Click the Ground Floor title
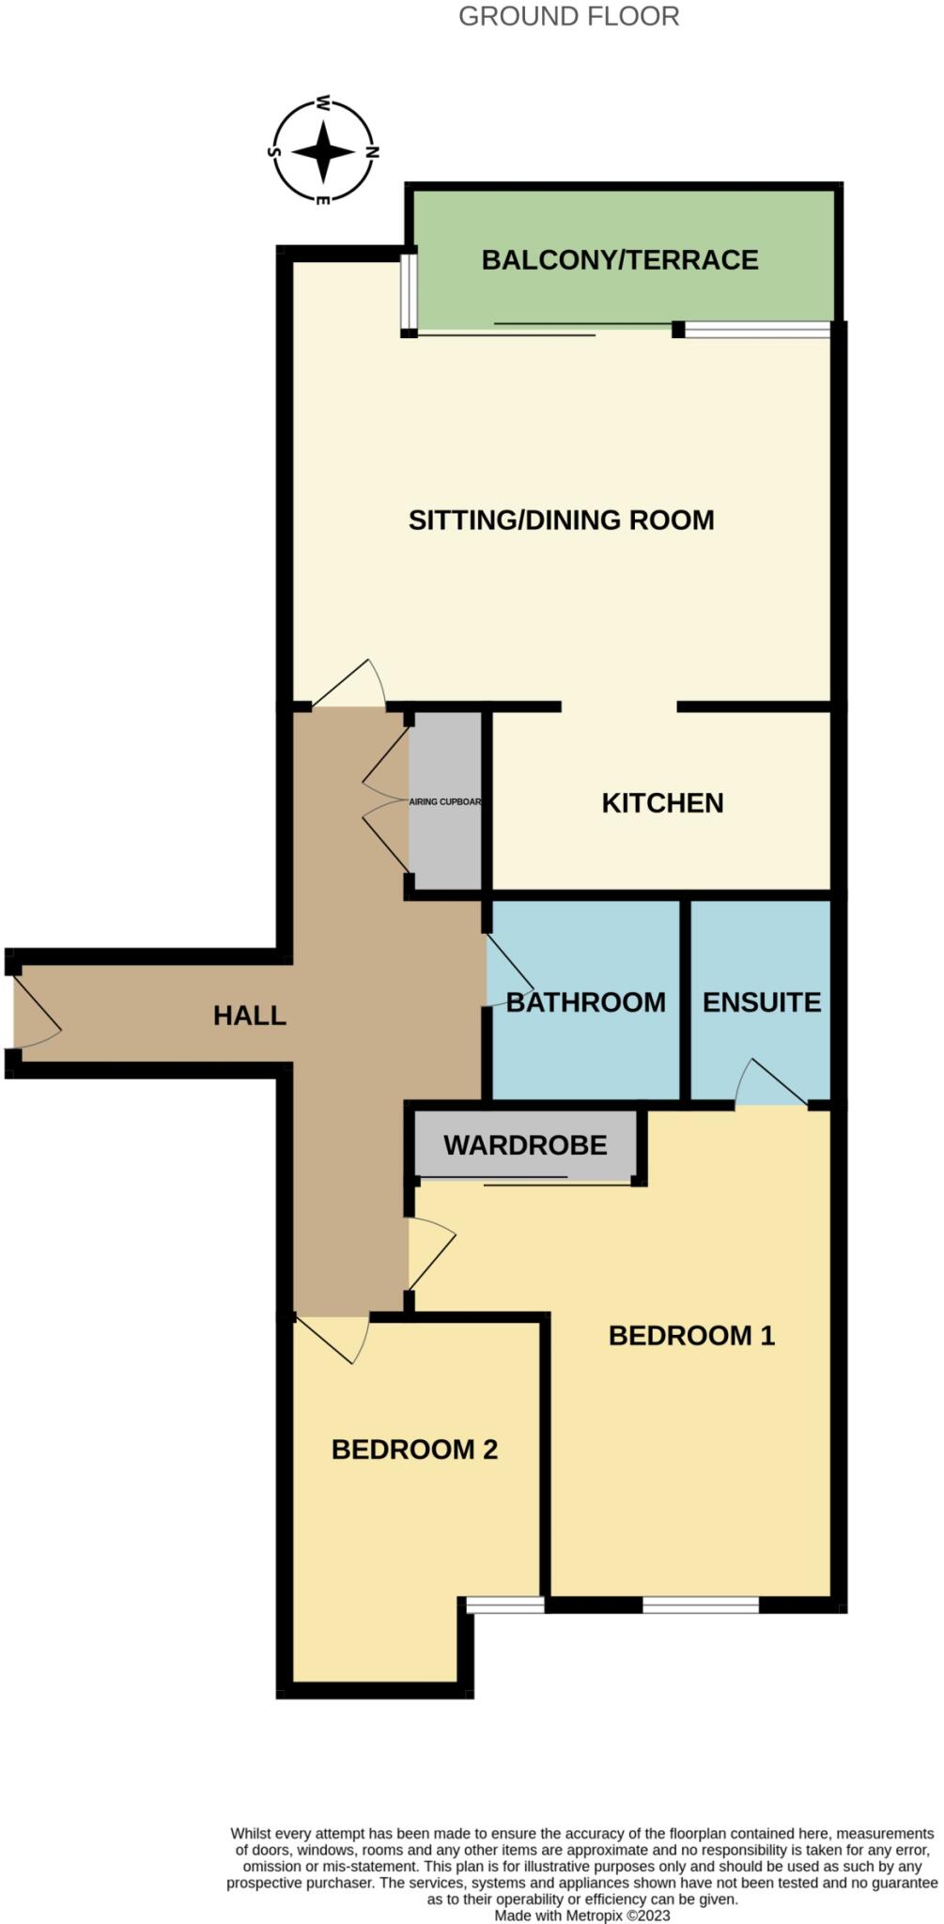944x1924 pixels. coord(568,16)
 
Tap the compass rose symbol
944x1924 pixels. coord(323,151)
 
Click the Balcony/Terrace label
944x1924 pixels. coord(620,260)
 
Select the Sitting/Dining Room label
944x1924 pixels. coord(561,520)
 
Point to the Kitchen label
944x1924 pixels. coord(662,803)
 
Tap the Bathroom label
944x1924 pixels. coord(586,1002)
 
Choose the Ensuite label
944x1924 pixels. coord(762,1002)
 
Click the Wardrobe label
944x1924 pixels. coord(525,1145)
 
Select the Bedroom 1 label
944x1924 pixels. coord(691,1335)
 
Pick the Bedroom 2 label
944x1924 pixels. coord(414,1450)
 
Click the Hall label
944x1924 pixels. coord(249,1016)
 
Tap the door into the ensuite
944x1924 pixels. coord(773,1084)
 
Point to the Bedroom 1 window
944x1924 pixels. coord(701,1605)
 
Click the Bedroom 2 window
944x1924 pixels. coord(505,1606)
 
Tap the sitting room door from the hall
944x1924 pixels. coord(348,684)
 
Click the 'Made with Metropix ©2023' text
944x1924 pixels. coord(582,1915)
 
